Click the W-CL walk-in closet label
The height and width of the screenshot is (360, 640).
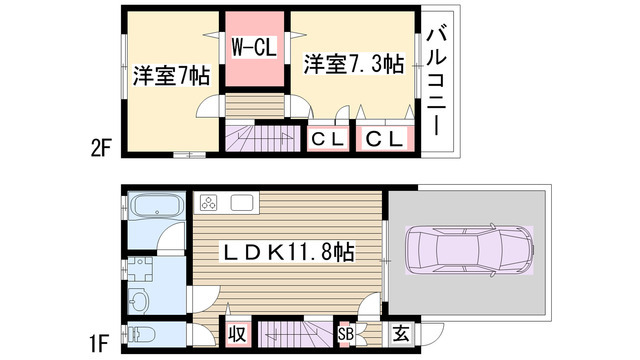click(x=254, y=47)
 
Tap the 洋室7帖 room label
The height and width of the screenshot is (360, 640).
click(x=171, y=76)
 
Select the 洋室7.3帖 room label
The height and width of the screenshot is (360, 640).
click(x=354, y=64)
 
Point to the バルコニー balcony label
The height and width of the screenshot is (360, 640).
click(x=436, y=81)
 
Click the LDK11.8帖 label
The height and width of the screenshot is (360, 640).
click(x=287, y=252)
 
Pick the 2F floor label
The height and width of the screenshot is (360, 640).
click(x=101, y=148)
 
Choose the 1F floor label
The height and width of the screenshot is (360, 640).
click(x=99, y=344)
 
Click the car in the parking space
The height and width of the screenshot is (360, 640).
click(x=469, y=250)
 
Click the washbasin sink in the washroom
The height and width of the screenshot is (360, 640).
click(x=139, y=300)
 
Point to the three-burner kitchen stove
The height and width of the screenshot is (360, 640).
click(x=208, y=202)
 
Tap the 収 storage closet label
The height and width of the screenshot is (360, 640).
click(x=237, y=334)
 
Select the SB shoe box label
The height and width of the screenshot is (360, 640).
click(x=345, y=334)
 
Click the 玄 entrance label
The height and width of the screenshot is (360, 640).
click(x=401, y=334)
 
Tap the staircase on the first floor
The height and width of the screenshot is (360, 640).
click(x=296, y=334)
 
